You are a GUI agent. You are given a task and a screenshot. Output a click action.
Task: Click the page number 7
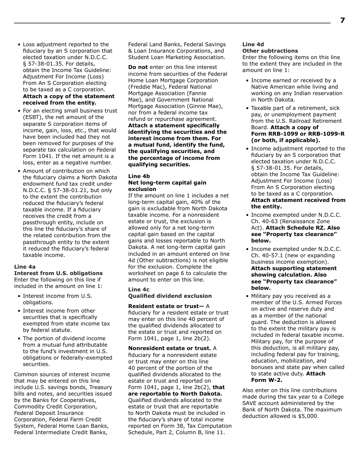[342, 20]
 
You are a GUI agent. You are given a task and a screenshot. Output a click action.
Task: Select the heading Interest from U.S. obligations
[58, 273]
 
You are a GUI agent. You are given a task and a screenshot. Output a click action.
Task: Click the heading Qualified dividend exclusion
[170, 296]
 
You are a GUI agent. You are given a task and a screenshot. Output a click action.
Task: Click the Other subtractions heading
[270, 51]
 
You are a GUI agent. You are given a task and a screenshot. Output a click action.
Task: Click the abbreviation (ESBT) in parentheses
[32, 117]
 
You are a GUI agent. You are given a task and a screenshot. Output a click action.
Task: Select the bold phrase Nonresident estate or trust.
[169, 348]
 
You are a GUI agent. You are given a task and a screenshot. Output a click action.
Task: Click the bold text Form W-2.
[266, 380]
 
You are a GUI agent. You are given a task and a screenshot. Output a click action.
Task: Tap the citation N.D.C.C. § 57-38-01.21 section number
[74, 190]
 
